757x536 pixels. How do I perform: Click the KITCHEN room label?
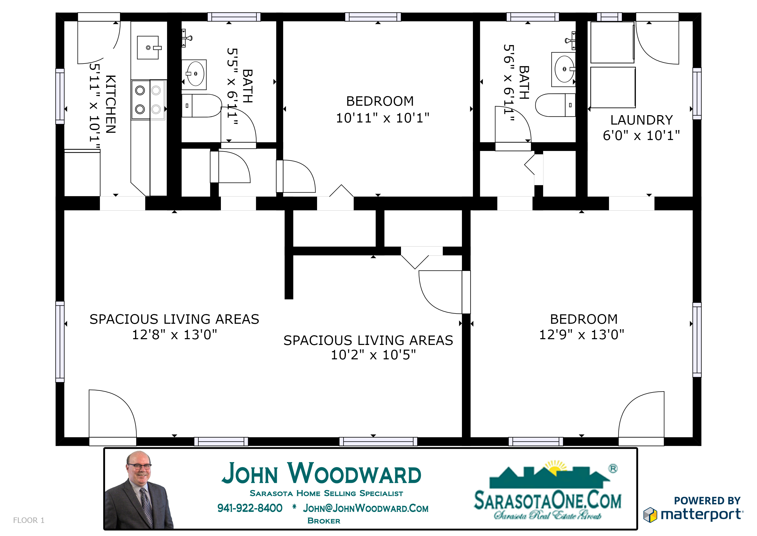click(x=111, y=104)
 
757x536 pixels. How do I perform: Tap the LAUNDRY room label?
click(x=642, y=120)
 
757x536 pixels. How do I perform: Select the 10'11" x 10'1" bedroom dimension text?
click(x=382, y=118)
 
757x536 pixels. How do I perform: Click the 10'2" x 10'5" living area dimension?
click(x=373, y=355)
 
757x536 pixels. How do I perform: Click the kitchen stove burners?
click(x=148, y=99)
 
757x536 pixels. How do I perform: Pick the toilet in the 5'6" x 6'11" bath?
click(x=555, y=105)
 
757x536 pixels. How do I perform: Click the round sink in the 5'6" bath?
click(x=564, y=69)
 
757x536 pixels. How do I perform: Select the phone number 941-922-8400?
click(x=250, y=508)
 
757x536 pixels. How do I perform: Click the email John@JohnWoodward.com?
click(x=366, y=508)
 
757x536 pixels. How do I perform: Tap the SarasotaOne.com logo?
click(x=548, y=490)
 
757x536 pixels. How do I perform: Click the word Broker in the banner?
click(x=324, y=521)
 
